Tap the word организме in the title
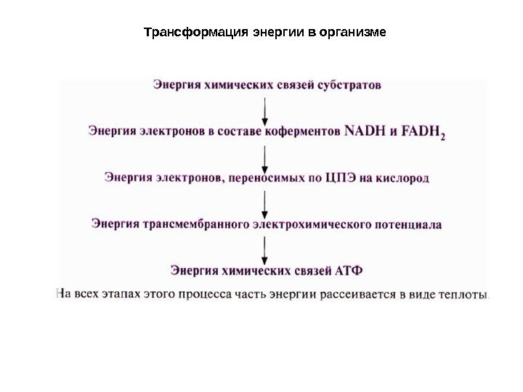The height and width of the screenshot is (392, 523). click(x=352, y=33)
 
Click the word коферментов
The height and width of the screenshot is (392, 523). click(x=304, y=131)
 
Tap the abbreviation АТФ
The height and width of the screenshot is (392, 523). click(x=350, y=271)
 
